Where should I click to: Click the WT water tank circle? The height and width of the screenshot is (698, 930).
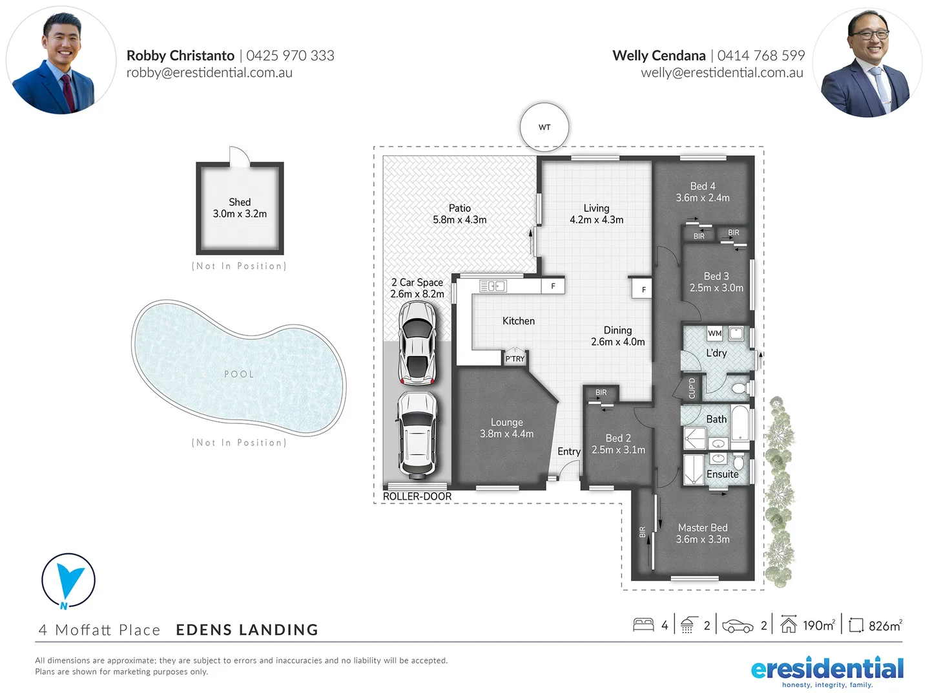click(x=544, y=127)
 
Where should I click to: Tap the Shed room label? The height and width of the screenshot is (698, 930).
click(x=240, y=202)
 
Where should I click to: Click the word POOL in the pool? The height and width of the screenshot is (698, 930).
click(x=239, y=374)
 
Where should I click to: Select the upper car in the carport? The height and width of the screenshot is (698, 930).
click(x=417, y=343)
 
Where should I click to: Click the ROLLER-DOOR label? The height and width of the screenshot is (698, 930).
click(x=417, y=496)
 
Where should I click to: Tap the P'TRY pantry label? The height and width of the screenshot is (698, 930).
click(x=515, y=359)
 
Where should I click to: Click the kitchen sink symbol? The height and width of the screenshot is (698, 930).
click(x=492, y=286)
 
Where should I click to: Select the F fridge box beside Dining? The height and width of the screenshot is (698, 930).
click(x=643, y=290)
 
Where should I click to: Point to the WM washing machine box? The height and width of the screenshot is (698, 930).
click(x=714, y=333)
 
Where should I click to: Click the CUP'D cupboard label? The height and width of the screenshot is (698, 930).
click(x=692, y=388)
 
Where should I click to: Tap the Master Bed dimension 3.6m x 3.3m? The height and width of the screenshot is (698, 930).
click(x=703, y=540)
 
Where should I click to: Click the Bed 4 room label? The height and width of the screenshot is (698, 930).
click(x=703, y=186)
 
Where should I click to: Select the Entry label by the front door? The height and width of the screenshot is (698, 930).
click(x=568, y=452)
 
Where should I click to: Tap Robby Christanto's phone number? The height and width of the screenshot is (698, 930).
click(x=290, y=56)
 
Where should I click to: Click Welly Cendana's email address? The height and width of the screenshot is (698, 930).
click(x=721, y=73)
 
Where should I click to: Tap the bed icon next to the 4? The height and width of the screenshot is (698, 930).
click(x=643, y=625)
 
